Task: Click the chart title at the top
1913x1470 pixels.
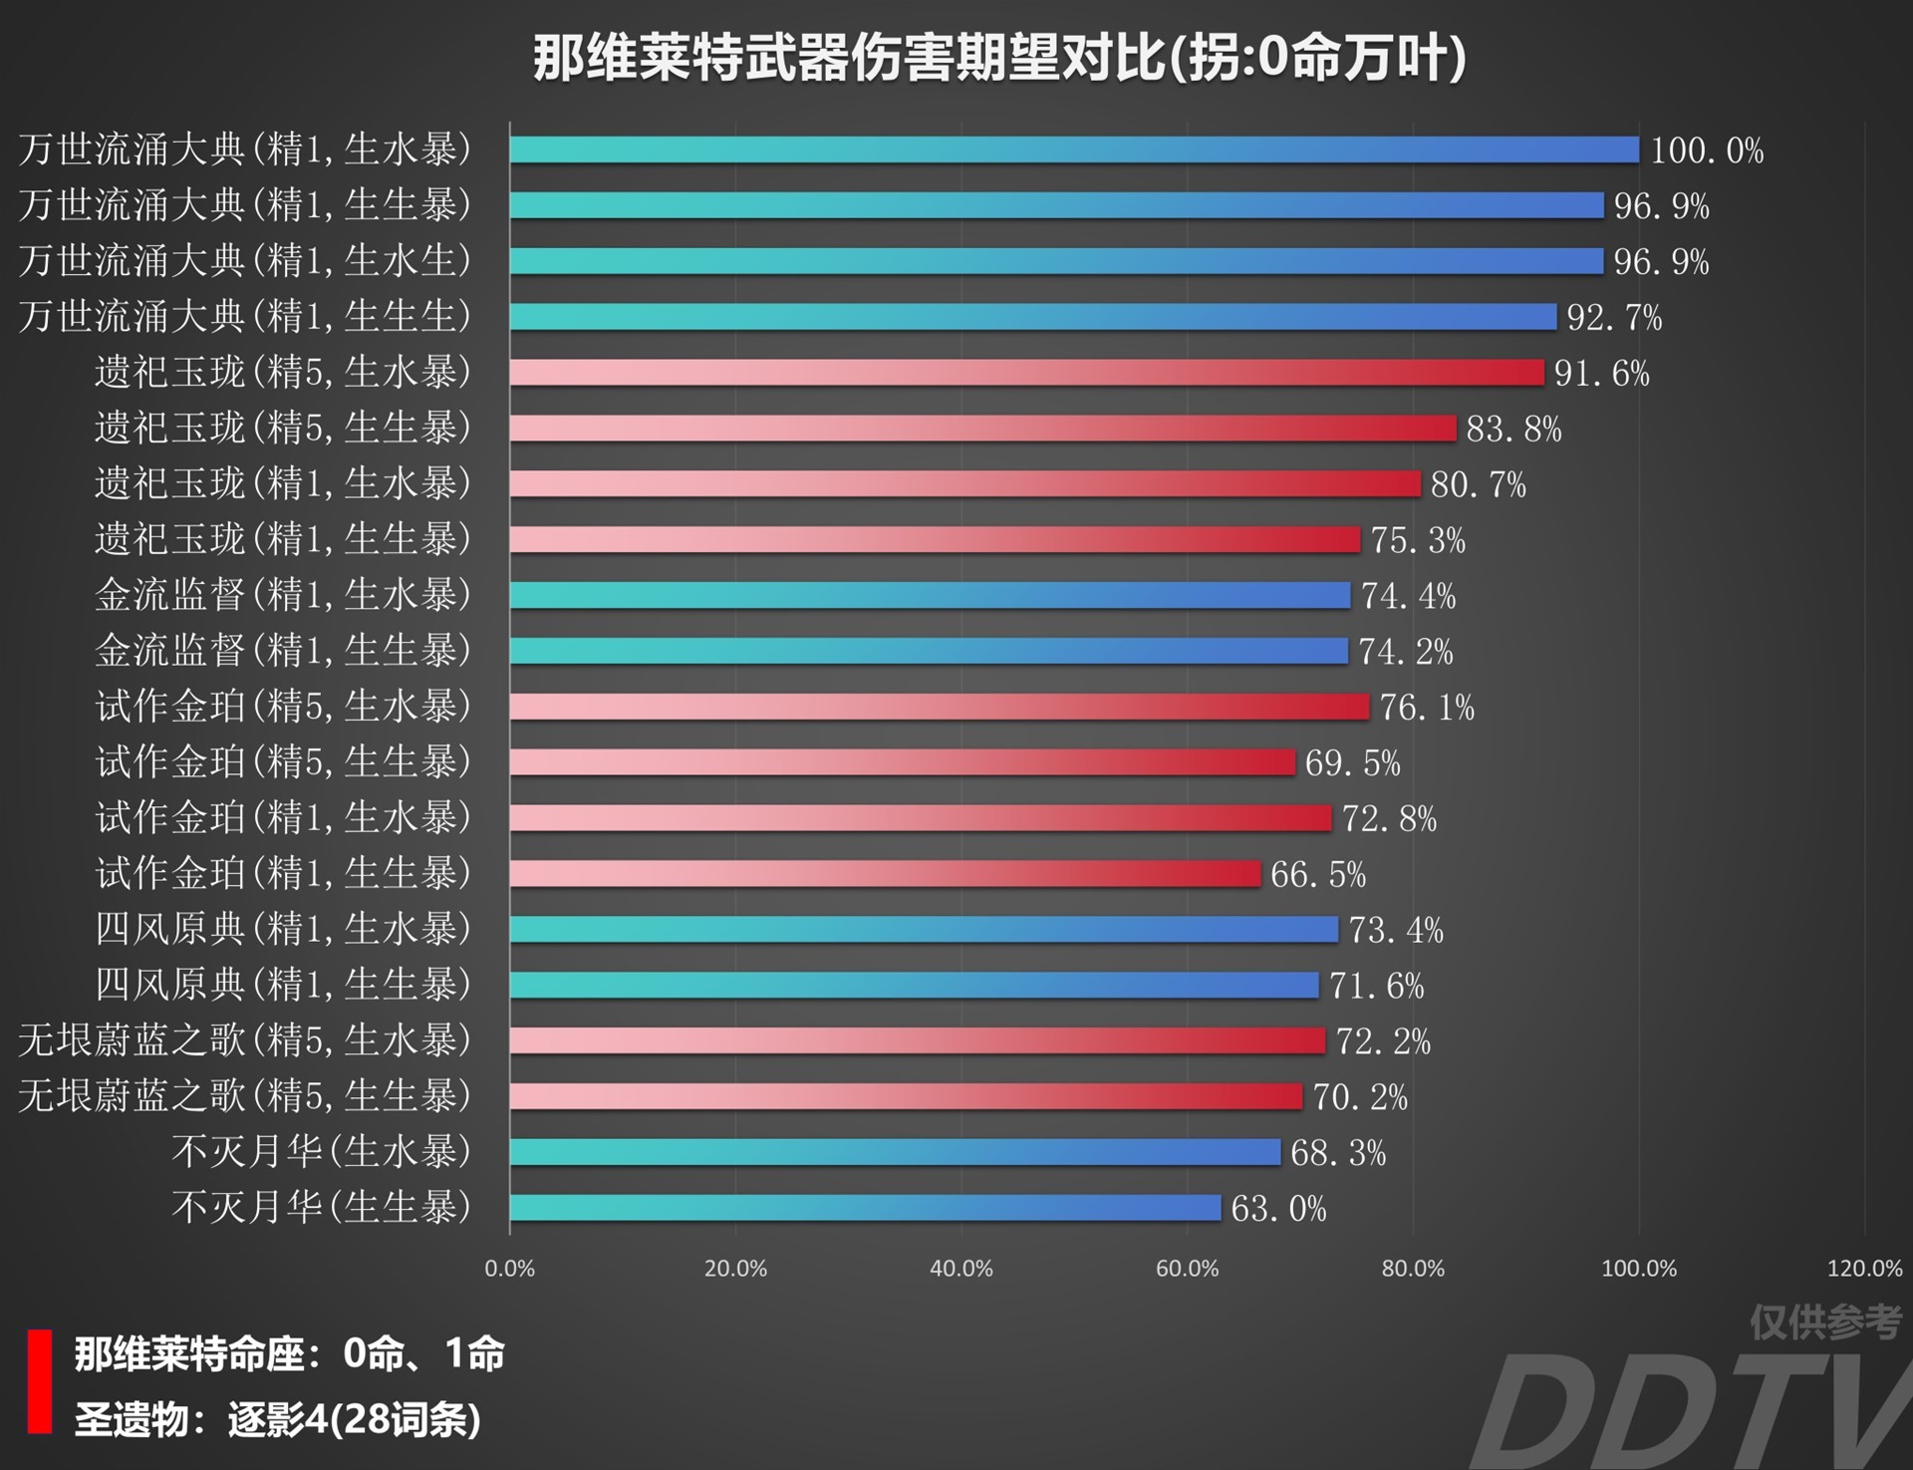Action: [998, 58]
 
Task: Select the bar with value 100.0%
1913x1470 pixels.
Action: [1074, 149]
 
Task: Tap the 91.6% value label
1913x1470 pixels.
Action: [1601, 374]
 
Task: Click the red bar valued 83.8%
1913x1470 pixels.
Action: [982, 429]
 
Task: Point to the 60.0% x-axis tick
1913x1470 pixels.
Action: [1187, 1269]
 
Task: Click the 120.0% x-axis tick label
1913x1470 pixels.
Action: [1864, 1269]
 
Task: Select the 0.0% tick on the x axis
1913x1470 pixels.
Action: [509, 1269]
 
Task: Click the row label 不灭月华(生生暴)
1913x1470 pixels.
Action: [321, 1207]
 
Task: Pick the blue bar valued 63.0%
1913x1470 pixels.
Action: [865, 1208]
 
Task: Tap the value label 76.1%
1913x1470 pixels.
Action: [1426, 708]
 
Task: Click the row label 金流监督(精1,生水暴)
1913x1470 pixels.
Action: [283, 595]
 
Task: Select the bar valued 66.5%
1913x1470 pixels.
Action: [885, 874]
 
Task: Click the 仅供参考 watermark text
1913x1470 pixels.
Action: [1825, 1323]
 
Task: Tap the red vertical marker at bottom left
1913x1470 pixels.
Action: [40, 1381]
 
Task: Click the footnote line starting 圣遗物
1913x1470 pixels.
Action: [278, 1419]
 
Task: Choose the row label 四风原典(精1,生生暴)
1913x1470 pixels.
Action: [283, 985]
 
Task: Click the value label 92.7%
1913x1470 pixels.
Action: [1613, 318]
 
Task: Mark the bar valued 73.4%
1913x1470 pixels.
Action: [924, 930]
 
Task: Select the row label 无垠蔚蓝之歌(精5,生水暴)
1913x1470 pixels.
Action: [244, 1040]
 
